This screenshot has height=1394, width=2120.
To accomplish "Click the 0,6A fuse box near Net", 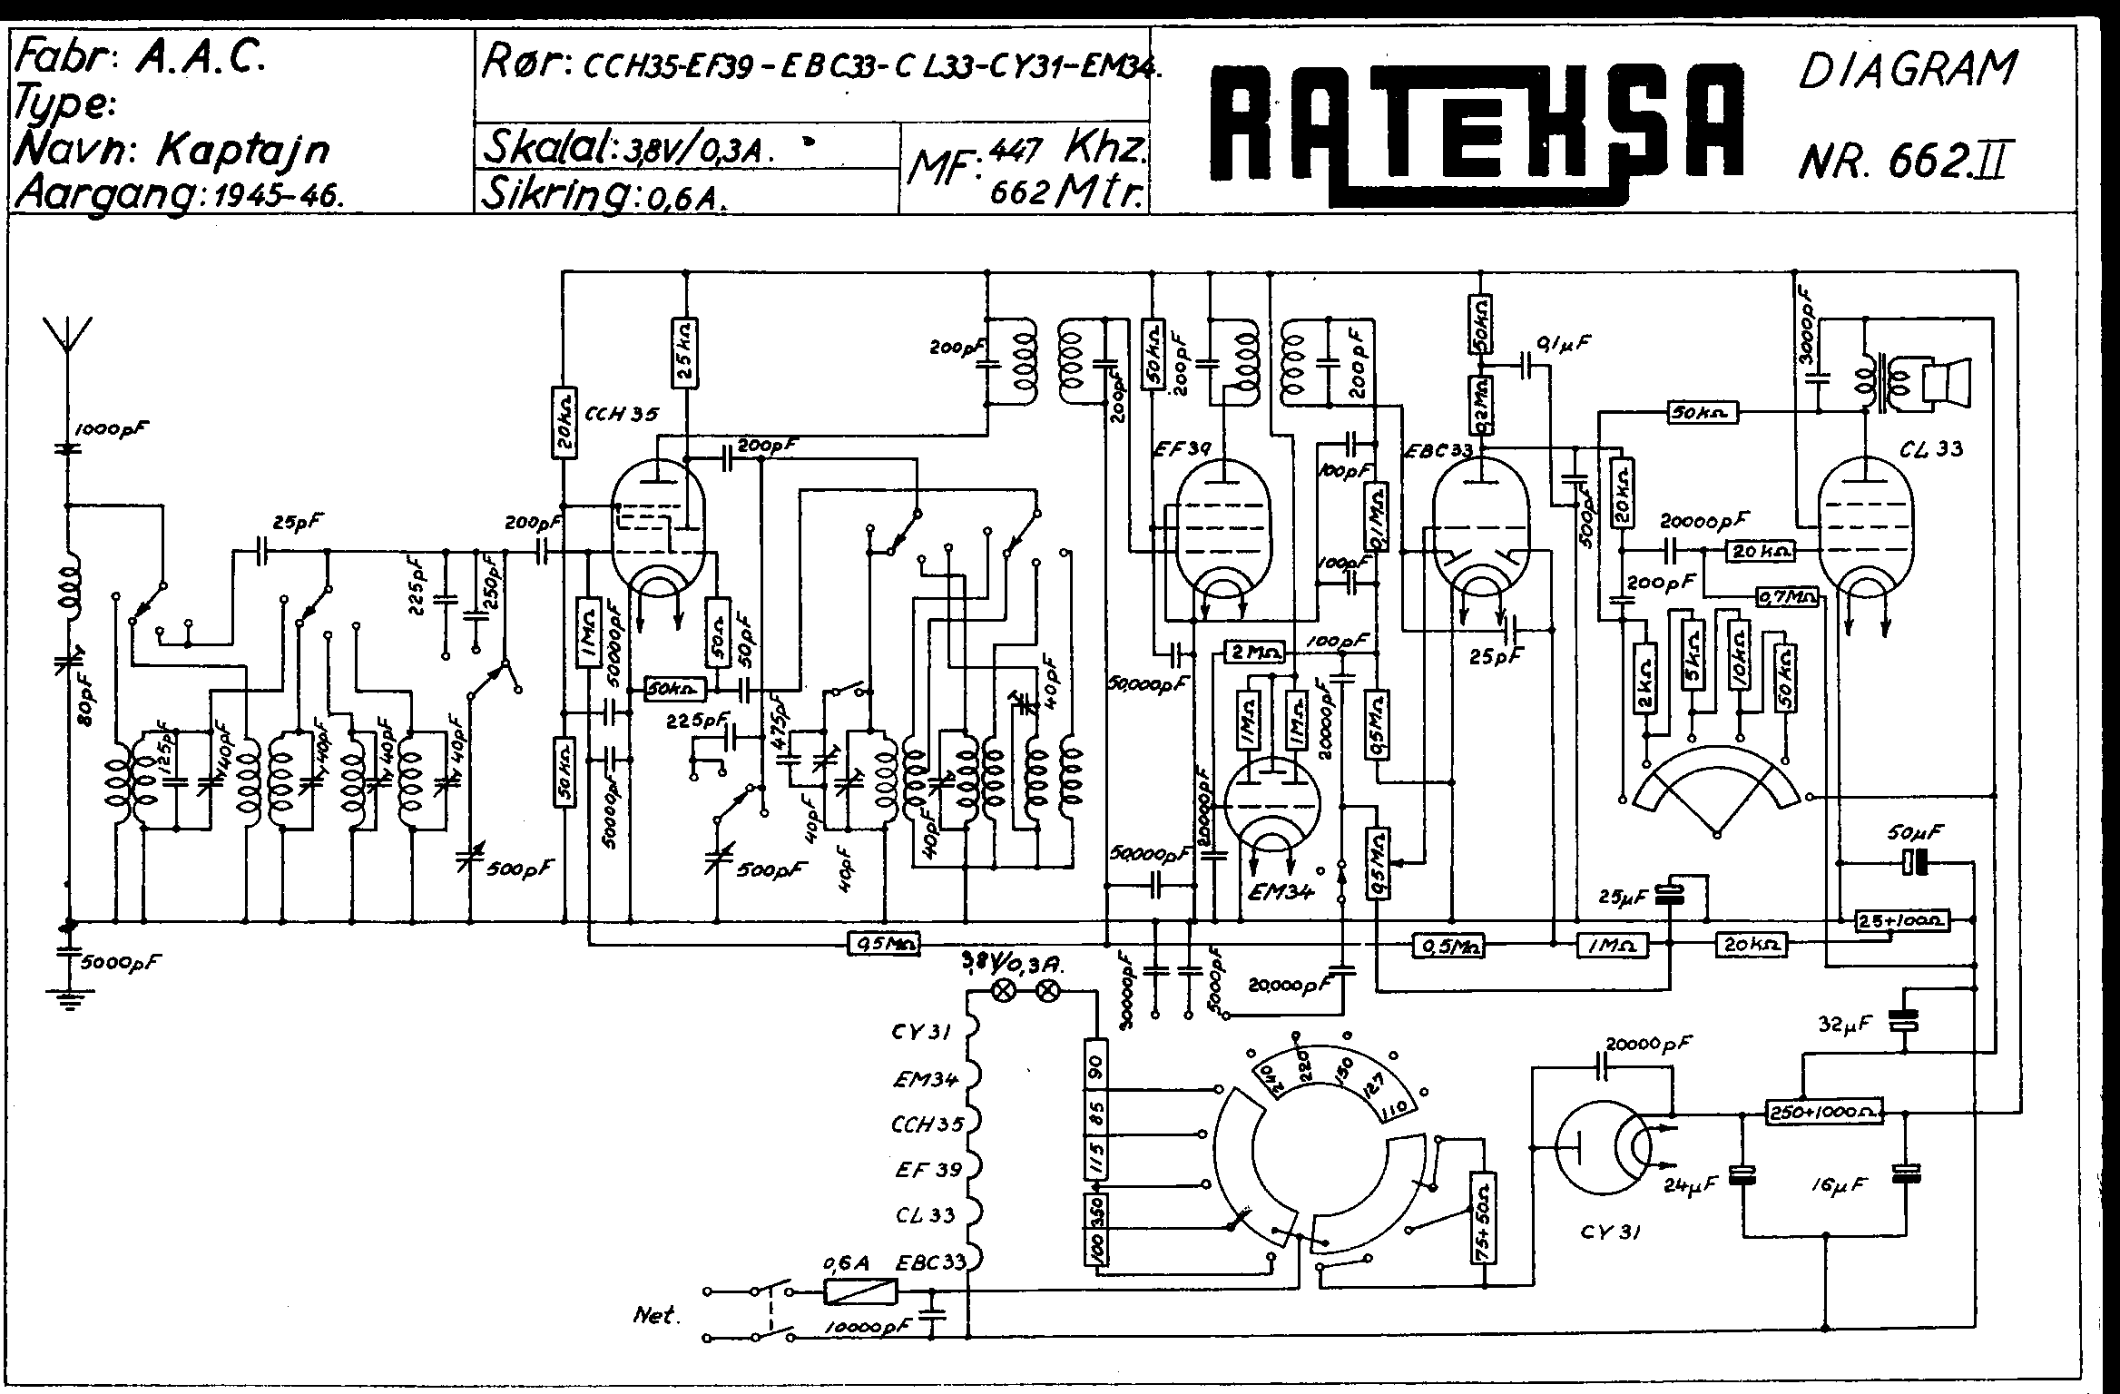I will tap(859, 1291).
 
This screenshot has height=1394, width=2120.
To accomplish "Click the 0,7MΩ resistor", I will tap(1788, 596).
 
